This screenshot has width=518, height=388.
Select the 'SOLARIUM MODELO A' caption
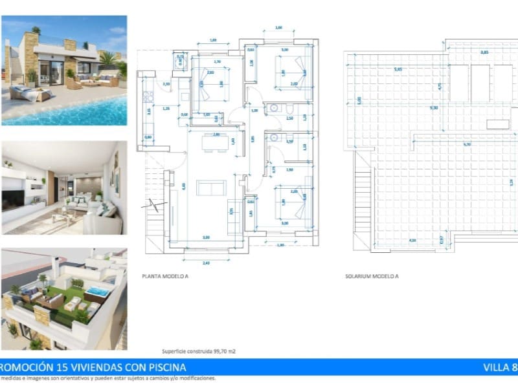(372, 275)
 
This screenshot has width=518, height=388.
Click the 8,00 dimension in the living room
(184, 186)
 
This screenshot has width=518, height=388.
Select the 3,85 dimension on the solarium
(483, 52)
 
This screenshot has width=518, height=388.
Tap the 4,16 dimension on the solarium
(412, 241)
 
